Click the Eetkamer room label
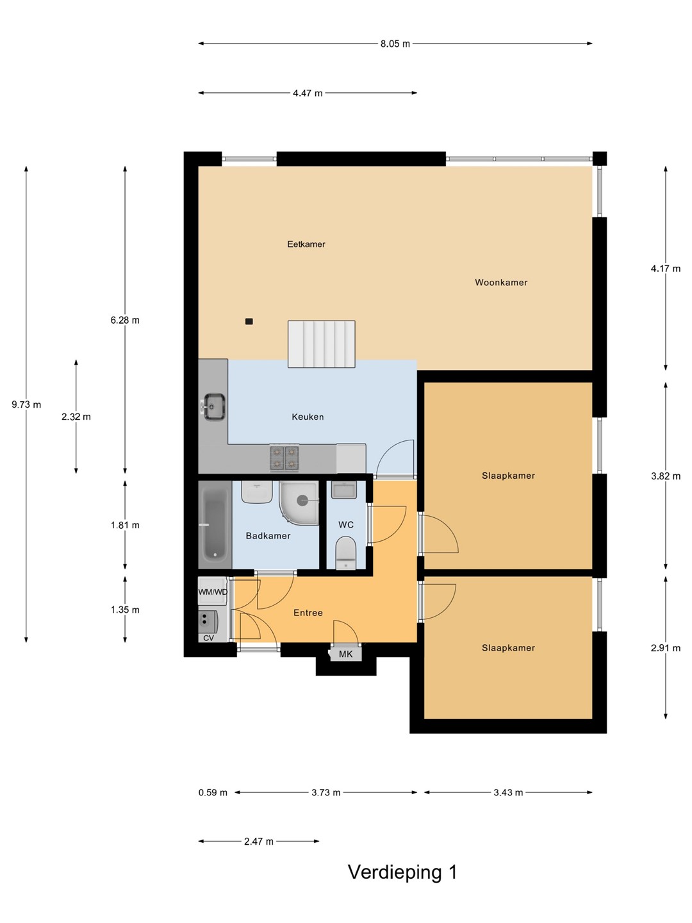306,244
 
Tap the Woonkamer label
501,283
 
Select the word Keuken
308,417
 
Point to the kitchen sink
214,406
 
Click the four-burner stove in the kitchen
284,458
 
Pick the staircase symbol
322,344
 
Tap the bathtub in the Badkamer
215,525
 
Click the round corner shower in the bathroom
299,503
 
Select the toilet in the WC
346,553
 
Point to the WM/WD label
213,592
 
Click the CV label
208,638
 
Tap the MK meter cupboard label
346,654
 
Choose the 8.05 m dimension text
395,44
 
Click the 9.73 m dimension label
26,404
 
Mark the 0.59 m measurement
213,793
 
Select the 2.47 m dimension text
259,842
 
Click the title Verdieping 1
402,872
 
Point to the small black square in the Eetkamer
249,322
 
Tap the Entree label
308,613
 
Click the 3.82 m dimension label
666,476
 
